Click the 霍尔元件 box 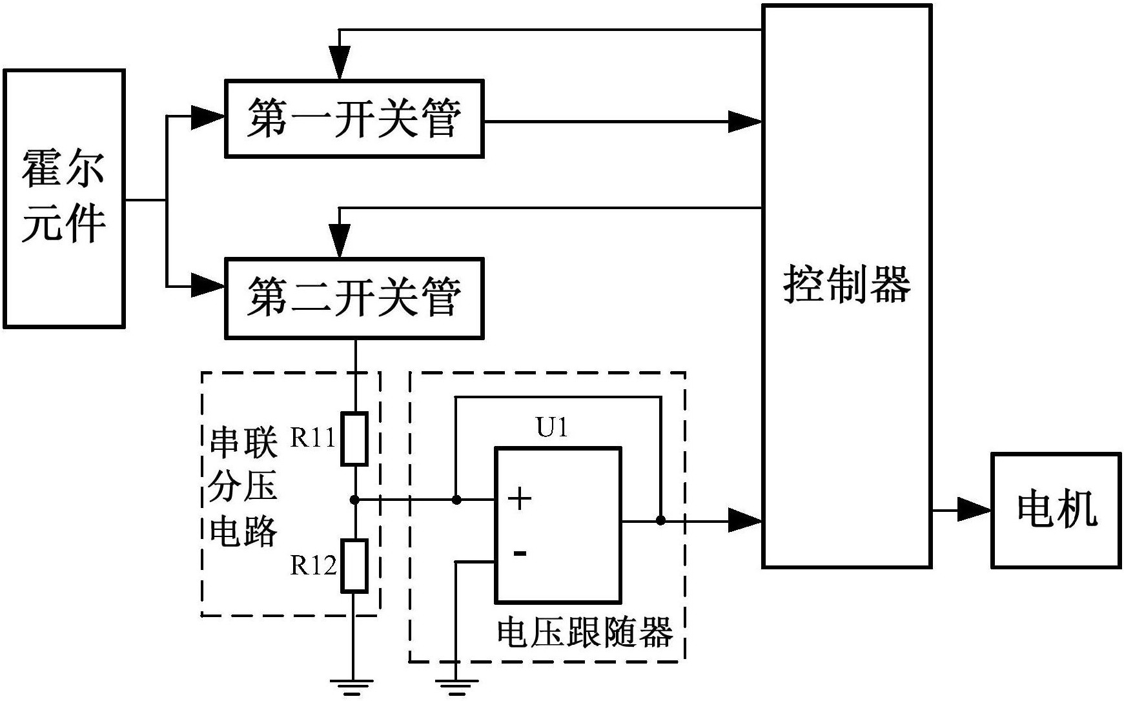[64, 198]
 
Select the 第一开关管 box [354, 119]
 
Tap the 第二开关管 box [354, 298]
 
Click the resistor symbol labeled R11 [354, 439]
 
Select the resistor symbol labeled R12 [354, 566]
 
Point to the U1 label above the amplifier [552, 427]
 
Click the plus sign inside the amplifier [519, 499]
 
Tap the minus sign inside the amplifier [520, 553]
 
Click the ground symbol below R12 [353, 687]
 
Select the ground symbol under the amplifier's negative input [456, 687]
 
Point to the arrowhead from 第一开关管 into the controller [744, 121]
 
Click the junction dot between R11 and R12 [354, 500]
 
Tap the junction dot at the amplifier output [660, 520]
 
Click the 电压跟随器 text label [584, 633]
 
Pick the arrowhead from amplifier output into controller [744, 520]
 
